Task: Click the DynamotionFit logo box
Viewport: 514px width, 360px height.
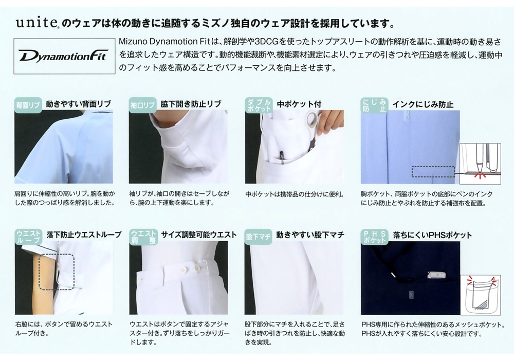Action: (x=64, y=56)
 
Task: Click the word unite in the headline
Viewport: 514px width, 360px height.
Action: (x=36, y=23)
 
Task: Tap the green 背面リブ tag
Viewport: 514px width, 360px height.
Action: (x=28, y=105)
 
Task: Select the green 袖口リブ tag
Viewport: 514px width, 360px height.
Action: (x=142, y=105)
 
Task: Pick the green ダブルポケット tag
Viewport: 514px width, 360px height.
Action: (x=259, y=105)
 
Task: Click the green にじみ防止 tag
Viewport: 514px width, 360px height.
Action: (x=374, y=105)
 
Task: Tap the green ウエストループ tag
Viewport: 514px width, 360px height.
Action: (x=28, y=237)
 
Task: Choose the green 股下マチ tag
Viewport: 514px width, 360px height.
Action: (x=259, y=237)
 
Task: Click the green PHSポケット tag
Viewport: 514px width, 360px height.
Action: (x=374, y=237)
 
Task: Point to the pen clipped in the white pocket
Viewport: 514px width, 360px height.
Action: (x=281, y=156)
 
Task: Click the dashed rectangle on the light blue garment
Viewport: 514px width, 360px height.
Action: (x=433, y=172)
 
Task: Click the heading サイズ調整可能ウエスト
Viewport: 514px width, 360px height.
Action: (x=198, y=235)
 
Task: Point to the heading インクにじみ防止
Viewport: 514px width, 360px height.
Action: (x=423, y=104)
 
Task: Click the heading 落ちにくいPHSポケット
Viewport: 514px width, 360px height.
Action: (x=432, y=235)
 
